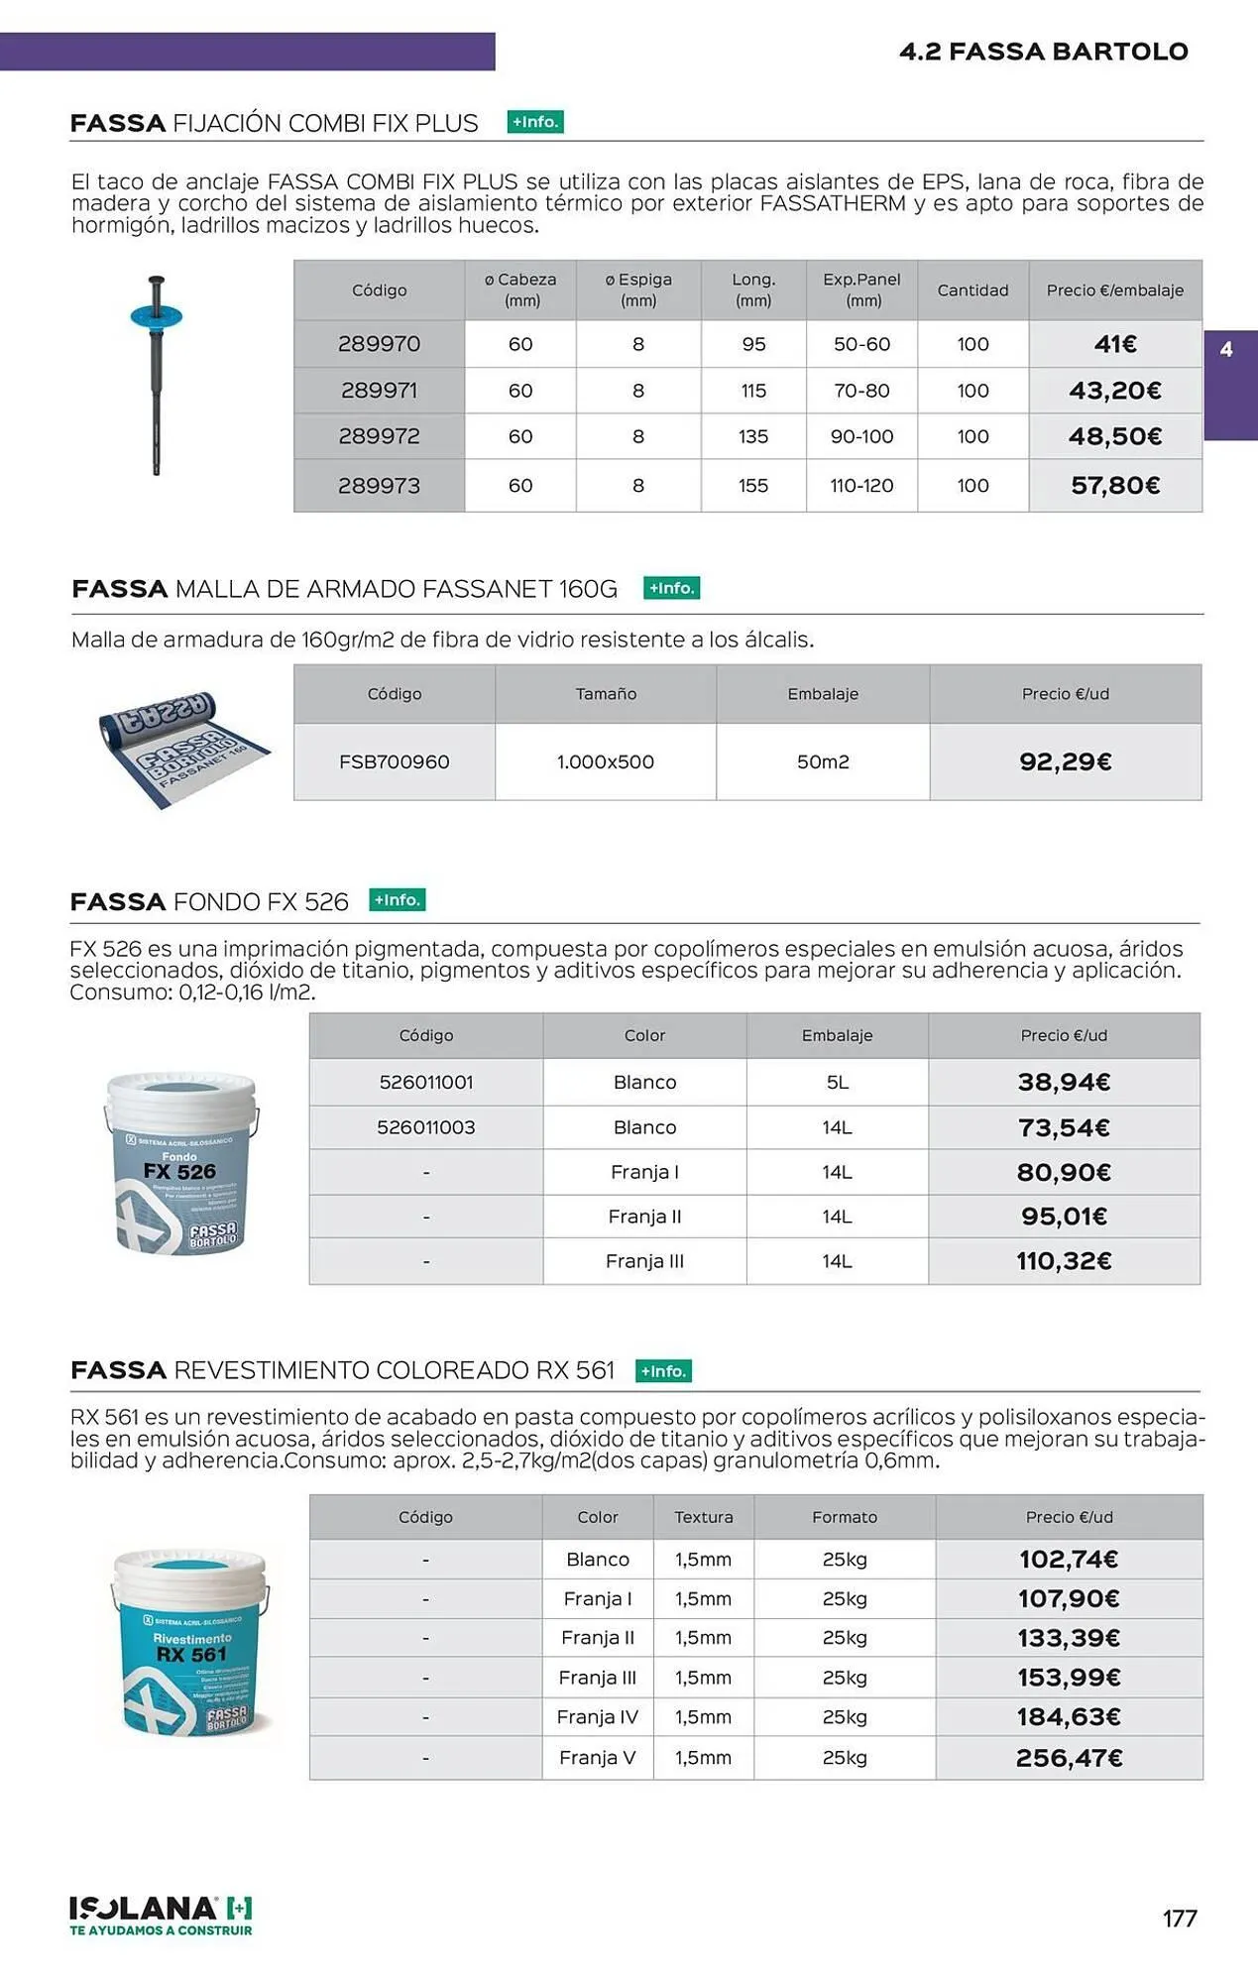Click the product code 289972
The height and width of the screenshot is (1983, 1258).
click(x=379, y=436)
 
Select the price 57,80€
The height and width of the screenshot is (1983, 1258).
click(x=1115, y=486)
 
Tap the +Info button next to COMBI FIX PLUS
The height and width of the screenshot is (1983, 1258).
click(x=535, y=122)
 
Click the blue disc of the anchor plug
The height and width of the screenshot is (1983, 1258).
click(x=157, y=316)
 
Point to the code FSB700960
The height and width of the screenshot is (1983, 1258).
click(x=394, y=761)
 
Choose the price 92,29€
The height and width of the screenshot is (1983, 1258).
click(x=1065, y=761)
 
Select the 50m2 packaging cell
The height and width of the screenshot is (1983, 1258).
click(x=823, y=761)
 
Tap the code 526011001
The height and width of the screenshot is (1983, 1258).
click(x=426, y=1082)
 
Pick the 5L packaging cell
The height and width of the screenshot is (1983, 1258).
click(x=837, y=1082)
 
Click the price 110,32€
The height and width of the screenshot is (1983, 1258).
click(x=1064, y=1261)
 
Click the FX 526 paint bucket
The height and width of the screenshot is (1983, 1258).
click(x=180, y=1164)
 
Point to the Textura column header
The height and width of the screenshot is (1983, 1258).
click(x=703, y=1517)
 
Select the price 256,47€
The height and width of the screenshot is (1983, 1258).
click(x=1069, y=1758)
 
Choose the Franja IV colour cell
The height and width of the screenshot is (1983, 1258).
click(x=597, y=1716)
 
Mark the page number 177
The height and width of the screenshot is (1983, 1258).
click(x=1179, y=1919)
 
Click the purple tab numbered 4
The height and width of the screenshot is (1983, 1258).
click(x=1229, y=384)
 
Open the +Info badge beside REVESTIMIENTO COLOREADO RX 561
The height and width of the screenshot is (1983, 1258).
click(x=663, y=1371)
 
